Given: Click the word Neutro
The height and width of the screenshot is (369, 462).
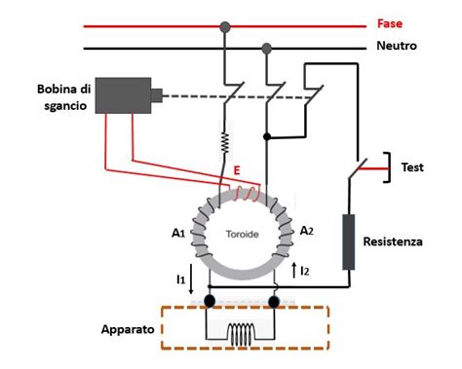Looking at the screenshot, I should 397,46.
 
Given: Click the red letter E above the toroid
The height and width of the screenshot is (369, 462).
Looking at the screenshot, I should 236,169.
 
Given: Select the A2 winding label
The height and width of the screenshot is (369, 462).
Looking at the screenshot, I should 306,231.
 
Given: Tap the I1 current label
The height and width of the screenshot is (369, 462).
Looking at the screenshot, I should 181,279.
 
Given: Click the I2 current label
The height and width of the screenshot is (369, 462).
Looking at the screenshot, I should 305,270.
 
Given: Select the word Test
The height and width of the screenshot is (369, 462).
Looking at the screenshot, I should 412,167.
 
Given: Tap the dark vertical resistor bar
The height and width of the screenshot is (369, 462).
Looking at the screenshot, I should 348,241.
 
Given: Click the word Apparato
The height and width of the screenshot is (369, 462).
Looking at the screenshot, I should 126,329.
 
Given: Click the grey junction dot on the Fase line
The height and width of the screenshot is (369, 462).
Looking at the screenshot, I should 225,25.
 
